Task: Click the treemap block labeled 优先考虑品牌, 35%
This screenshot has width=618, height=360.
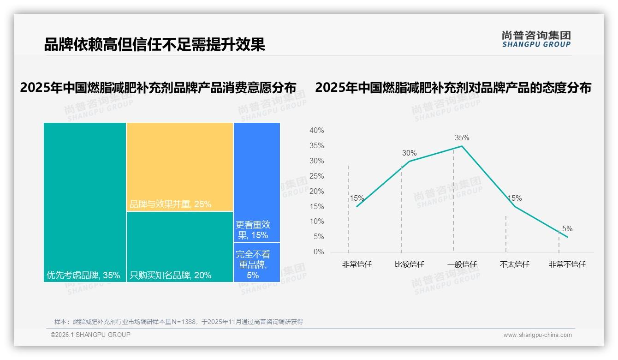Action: (85, 202)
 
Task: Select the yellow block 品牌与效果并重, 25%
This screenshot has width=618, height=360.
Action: (180, 167)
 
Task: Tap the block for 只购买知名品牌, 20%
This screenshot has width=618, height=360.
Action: (180, 247)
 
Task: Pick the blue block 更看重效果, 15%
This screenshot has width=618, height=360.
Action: (256, 182)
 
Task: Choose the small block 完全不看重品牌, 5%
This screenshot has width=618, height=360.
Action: (256, 262)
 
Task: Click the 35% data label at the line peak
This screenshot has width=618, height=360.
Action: (462, 138)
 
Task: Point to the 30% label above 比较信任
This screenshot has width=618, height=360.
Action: (409, 153)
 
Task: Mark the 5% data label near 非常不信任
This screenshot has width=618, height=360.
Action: (567, 228)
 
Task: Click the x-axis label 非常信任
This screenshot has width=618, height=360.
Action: (357, 264)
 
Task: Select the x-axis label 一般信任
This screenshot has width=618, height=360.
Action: (462, 264)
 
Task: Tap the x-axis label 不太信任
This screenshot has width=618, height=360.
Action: (514, 264)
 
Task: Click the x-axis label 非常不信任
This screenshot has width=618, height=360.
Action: (567, 264)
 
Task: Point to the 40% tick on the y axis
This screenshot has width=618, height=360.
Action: (316, 131)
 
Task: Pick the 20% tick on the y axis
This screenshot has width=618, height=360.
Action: (316, 191)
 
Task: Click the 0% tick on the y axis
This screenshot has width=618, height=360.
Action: (319, 252)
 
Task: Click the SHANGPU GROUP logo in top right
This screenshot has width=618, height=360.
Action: (536, 39)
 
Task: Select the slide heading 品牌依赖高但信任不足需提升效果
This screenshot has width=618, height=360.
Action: (154, 45)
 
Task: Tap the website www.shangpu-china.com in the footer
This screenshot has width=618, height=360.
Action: (537, 335)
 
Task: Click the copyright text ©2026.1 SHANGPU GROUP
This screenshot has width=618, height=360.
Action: (90, 335)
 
